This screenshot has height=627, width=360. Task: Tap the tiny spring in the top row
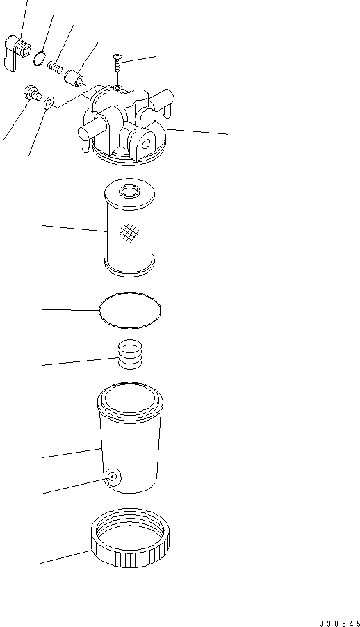coord(55,67)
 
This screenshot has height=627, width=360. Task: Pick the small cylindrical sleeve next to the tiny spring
coord(75,76)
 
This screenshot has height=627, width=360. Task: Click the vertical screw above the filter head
coord(117,70)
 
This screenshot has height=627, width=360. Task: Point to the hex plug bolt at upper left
coord(32,92)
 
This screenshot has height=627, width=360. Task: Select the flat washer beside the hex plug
coord(48,104)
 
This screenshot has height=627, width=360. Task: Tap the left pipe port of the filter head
coord(88,132)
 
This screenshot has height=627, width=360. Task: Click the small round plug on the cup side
coord(111,477)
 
